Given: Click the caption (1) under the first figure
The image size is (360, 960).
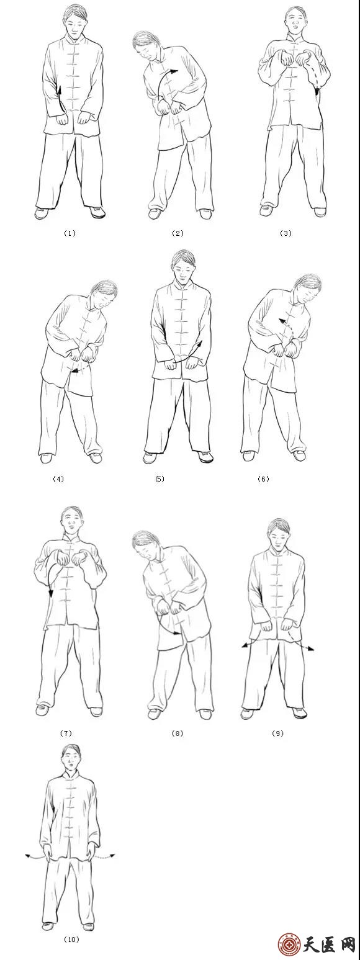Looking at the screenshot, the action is (x=70, y=233).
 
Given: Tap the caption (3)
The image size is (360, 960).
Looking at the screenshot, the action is (x=286, y=233).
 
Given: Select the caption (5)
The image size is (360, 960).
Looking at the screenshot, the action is (x=160, y=478).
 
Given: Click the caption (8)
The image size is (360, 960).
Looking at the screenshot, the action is (x=178, y=733).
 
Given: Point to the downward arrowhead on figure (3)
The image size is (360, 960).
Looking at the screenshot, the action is (x=317, y=91).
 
